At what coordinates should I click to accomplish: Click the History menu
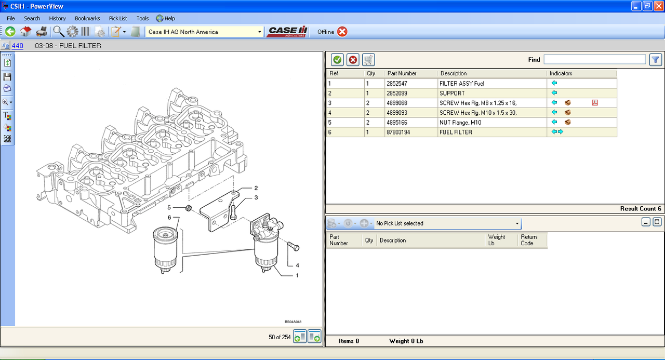click(x=57, y=18)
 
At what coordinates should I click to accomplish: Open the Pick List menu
click(x=118, y=18)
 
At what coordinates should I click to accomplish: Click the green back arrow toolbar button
click(x=10, y=32)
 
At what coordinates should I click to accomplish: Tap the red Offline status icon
click(x=342, y=32)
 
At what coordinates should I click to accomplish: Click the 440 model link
click(x=17, y=46)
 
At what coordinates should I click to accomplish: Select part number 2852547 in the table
click(x=396, y=84)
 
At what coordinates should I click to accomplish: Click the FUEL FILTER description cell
click(x=456, y=132)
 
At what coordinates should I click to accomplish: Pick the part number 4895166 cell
click(x=396, y=122)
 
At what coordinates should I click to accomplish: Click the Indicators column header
click(x=561, y=73)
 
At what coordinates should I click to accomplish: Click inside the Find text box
click(x=595, y=60)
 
